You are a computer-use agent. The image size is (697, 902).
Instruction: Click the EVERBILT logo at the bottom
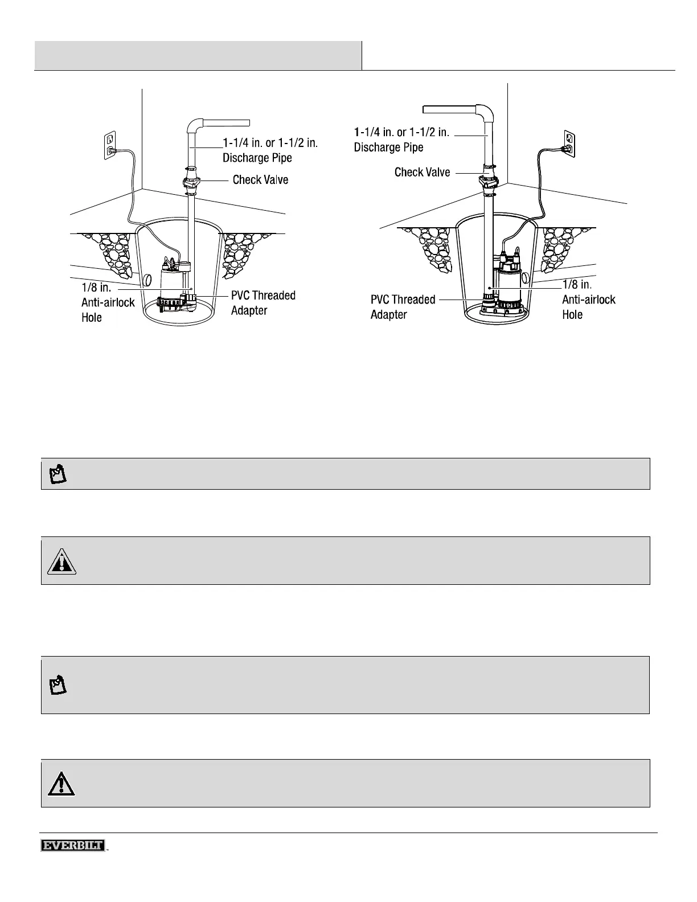click(73, 845)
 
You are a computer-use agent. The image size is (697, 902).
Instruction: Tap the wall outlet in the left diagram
click(110, 144)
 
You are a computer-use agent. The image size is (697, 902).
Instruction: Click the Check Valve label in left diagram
click(260, 180)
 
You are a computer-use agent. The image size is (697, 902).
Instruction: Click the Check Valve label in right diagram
click(422, 172)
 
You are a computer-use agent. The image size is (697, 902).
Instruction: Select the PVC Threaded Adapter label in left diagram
click(263, 303)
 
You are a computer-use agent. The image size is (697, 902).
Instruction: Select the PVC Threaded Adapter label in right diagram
click(403, 307)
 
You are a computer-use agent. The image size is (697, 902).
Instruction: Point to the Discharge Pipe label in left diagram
click(269, 150)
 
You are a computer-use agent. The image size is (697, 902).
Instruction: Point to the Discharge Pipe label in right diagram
click(401, 140)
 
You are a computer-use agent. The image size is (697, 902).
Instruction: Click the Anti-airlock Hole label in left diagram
click(108, 302)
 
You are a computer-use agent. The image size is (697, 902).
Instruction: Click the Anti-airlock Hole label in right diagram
click(588, 299)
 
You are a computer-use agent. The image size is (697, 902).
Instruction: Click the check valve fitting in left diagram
click(191, 182)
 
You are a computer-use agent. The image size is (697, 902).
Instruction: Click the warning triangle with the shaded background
click(61, 561)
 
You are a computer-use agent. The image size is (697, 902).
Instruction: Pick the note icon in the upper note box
click(58, 474)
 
